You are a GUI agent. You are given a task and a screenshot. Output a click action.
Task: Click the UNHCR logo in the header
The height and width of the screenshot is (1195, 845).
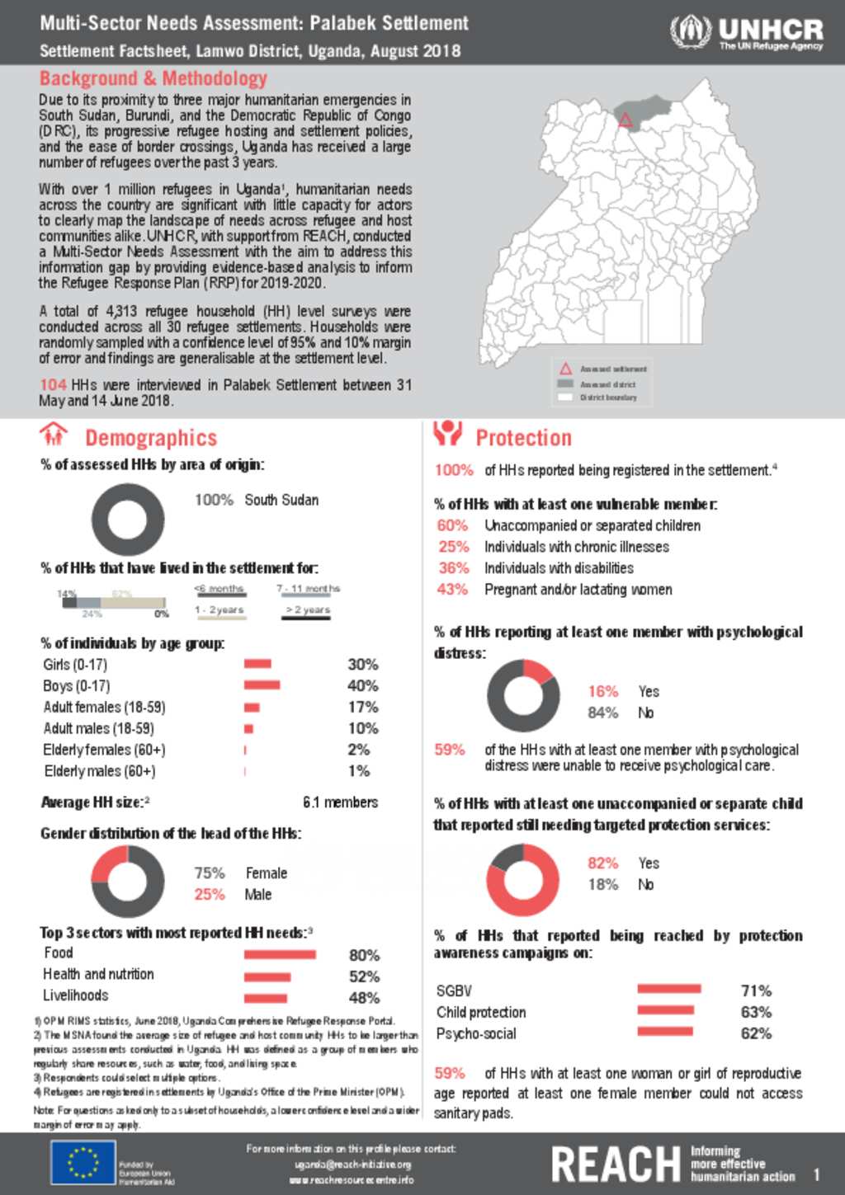click(x=746, y=33)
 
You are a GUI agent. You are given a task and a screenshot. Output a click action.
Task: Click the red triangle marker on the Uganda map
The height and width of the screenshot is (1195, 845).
click(x=625, y=120)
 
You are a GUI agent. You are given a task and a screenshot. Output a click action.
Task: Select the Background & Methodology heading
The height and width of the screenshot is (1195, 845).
click(x=153, y=79)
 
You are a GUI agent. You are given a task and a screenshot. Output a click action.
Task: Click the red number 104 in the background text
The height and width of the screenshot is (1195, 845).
click(x=53, y=385)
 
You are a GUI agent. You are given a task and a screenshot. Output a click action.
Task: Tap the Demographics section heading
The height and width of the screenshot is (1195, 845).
click(x=151, y=438)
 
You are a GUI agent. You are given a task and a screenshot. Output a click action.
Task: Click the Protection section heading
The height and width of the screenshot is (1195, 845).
click(x=523, y=438)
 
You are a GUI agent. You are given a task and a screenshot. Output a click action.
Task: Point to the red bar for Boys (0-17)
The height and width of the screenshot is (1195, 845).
click(x=262, y=685)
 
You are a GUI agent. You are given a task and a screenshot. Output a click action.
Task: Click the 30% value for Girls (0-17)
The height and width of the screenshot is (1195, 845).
click(x=362, y=665)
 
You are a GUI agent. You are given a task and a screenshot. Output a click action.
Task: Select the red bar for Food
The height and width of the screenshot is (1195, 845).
click(x=280, y=955)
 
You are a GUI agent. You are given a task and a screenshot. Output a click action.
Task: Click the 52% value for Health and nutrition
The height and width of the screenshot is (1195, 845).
click(x=364, y=976)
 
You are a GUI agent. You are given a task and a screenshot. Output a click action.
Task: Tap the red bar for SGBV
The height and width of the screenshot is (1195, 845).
click(x=669, y=989)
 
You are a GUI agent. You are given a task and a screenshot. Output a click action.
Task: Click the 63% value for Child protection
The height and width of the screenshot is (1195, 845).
click(x=756, y=1012)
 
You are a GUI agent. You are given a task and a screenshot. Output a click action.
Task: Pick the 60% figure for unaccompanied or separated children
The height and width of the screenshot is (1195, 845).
click(x=452, y=525)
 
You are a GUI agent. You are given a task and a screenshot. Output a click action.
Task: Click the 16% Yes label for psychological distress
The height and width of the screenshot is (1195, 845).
click(x=603, y=691)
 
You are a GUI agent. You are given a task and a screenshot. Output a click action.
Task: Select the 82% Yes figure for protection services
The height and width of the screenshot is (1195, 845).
click(x=603, y=863)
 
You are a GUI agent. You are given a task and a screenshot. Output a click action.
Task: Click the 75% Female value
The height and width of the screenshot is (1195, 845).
click(x=210, y=873)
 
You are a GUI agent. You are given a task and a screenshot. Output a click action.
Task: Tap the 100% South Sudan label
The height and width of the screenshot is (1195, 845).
click(x=215, y=500)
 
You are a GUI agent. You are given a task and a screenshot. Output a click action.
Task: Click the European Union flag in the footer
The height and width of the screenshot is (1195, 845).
click(x=83, y=1163)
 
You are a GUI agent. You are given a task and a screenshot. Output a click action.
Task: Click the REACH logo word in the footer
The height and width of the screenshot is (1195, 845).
click(x=616, y=1164)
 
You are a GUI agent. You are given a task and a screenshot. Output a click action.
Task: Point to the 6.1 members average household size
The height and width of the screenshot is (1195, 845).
click(x=340, y=802)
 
